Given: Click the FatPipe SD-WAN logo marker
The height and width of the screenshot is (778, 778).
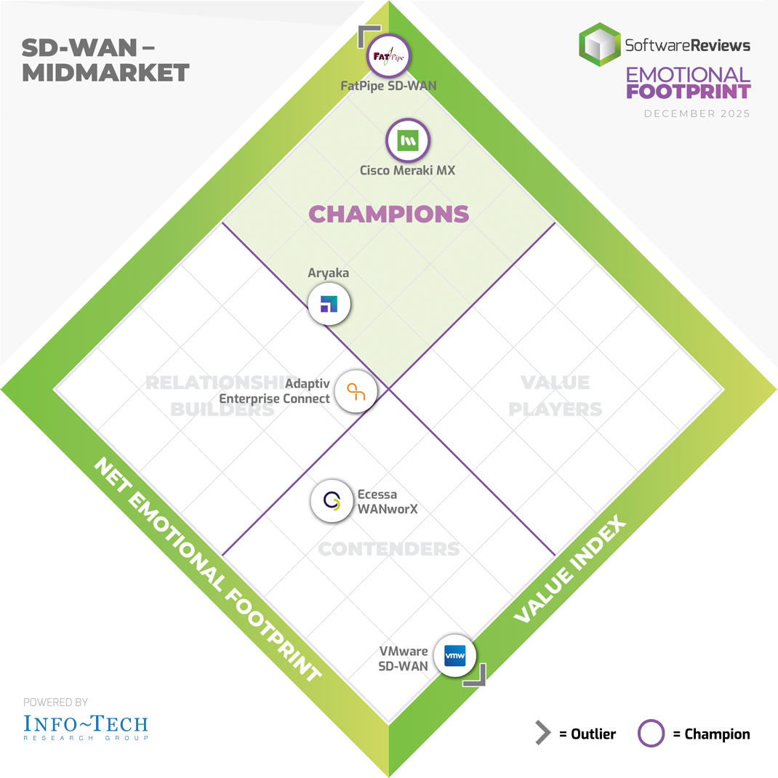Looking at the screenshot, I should (x=389, y=56).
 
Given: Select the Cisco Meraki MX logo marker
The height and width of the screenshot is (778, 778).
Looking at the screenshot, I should (x=408, y=140).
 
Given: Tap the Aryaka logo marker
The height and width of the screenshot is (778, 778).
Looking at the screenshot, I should (x=329, y=304).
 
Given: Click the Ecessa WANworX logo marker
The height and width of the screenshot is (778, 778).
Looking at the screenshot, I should (x=332, y=501).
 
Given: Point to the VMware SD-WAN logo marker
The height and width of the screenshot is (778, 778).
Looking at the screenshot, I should (x=454, y=656).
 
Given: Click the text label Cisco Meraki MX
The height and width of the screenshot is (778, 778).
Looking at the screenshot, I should (x=408, y=171).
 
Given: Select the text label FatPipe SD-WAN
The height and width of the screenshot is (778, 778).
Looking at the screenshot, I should (x=389, y=86).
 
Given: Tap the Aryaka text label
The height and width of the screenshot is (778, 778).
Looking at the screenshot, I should (x=329, y=273).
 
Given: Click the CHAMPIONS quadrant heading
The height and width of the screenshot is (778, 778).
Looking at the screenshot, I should (x=389, y=214).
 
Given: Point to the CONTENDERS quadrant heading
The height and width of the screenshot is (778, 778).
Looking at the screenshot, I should (x=389, y=548).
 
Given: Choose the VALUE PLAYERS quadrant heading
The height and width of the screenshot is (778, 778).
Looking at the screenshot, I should (x=555, y=396).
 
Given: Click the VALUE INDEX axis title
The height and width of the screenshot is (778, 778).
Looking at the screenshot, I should (x=570, y=569).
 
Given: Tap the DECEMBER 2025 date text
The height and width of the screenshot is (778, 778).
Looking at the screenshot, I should (x=697, y=114).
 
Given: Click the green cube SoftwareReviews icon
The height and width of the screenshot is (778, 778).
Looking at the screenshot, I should (x=599, y=45).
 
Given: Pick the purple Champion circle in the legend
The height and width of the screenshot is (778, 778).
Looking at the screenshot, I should (x=651, y=734).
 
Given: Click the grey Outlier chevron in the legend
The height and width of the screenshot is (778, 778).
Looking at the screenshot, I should (x=542, y=734).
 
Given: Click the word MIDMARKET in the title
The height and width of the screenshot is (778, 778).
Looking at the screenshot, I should (x=105, y=73).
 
